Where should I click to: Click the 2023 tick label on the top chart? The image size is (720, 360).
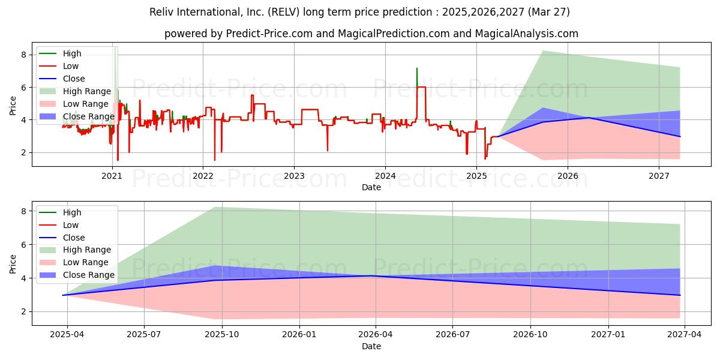coord(294,176)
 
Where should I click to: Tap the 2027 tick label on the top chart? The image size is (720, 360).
coord(659,176)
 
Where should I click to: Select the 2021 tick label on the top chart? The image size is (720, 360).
coord(112,176)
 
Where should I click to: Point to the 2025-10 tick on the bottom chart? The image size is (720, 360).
coord(222,335)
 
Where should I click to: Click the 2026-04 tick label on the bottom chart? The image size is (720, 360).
coord(376,335)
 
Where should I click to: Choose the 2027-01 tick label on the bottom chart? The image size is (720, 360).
coord(608,335)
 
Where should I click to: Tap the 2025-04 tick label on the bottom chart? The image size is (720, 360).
coord(67,335)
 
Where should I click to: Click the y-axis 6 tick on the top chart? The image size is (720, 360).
coord(23,88)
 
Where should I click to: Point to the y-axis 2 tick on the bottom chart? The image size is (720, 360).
coord(23,312)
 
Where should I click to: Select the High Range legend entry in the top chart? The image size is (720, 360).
coord(75,91)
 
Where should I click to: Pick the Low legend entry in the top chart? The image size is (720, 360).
coord(59,66)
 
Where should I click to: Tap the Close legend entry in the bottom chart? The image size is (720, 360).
coord(62,238)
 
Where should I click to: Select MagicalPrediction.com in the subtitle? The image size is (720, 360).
coord(394,34)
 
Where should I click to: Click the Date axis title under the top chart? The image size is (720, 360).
coord(371,187)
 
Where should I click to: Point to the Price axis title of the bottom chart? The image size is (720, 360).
coord(13,264)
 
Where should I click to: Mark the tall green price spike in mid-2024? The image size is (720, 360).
coord(417,77)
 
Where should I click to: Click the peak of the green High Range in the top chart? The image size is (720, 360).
coord(542,51)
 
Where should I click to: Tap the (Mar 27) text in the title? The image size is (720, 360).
coord(548,12)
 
